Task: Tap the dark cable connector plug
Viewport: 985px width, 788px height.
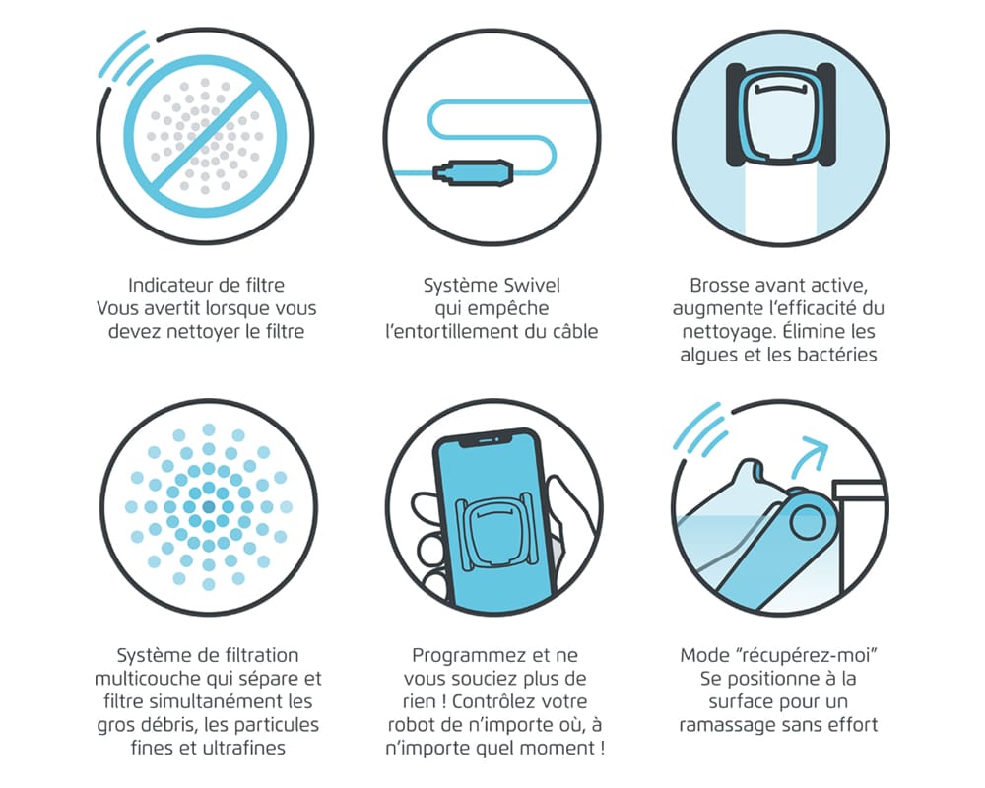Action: [473, 172]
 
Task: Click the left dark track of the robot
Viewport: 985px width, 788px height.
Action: [736, 115]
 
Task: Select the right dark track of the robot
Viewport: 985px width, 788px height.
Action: [825, 115]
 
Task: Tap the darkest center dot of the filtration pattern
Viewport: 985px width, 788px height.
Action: [209, 507]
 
